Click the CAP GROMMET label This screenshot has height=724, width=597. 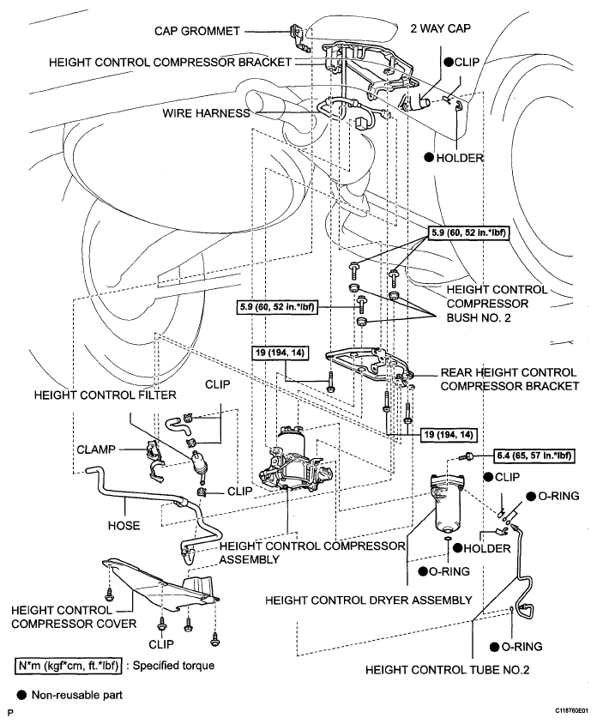click(x=196, y=31)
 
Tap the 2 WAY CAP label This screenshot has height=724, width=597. click(x=441, y=28)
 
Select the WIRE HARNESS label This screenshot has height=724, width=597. click(x=206, y=113)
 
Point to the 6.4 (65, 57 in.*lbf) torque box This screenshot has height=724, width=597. click(x=534, y=456)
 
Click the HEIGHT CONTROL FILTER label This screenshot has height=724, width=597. click(x=106, y=395)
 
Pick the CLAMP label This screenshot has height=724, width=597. click(x=96, y=449)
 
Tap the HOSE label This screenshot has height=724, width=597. click(x=124, y=526)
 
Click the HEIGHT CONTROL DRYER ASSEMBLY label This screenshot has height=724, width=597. click(x=369, y=600)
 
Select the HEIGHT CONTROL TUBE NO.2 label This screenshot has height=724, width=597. click(x=448, y=670)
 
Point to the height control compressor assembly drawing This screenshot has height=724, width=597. click(x=296, y=462)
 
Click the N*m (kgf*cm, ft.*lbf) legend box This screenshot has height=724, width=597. click(x=69, y=666)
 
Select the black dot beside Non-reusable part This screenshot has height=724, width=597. click(x=21, y=695)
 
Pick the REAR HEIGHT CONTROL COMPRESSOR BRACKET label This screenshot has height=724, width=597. click(x=510, y=379)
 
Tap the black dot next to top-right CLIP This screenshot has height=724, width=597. click(x=449, y=62)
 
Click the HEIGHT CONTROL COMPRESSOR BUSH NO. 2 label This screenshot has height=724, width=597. click(x=497, y=304)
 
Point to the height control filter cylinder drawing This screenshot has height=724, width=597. click(x=200, y=463)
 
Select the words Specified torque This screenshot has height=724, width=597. click(x=173, y=666)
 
